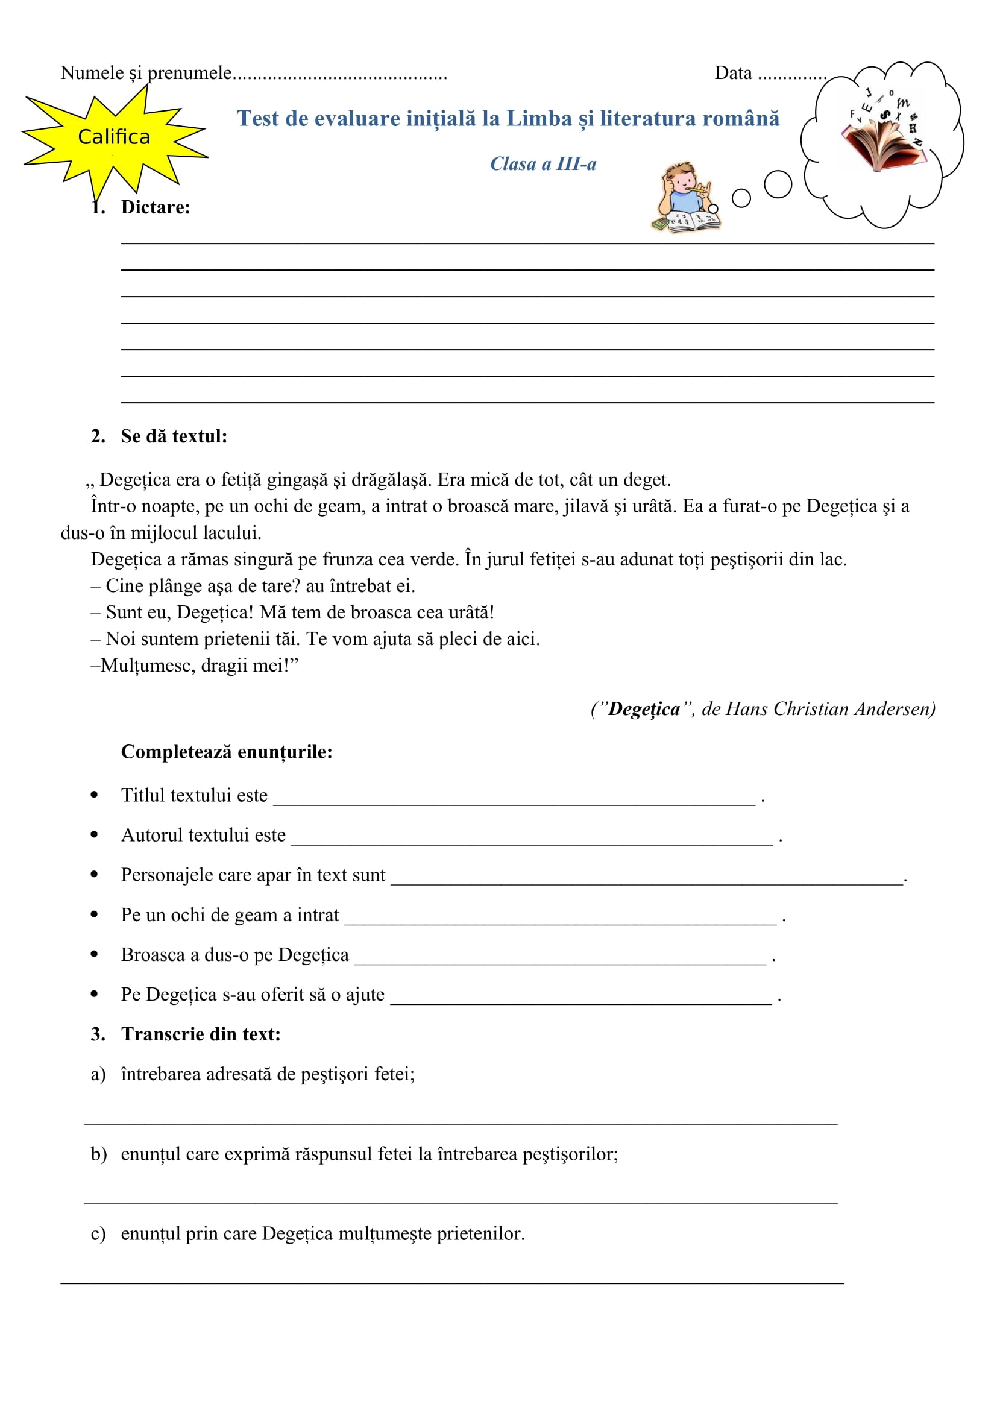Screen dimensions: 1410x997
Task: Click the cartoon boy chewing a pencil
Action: (687, 197)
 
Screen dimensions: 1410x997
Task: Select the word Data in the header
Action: (733, 73)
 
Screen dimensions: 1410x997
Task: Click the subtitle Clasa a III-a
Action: (543, 164)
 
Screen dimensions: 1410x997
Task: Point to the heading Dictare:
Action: (156, 207)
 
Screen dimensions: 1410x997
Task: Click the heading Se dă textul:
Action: (174, 436)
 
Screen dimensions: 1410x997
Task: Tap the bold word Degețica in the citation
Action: (644, 709)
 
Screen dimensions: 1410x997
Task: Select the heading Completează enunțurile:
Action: (227, 752)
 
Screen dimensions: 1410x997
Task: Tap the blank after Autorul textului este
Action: (532, 839)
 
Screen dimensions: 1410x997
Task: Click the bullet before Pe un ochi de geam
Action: (94, 914)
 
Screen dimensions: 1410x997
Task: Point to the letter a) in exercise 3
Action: (98, 1074)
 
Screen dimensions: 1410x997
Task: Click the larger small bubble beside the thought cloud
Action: (778, 184)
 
